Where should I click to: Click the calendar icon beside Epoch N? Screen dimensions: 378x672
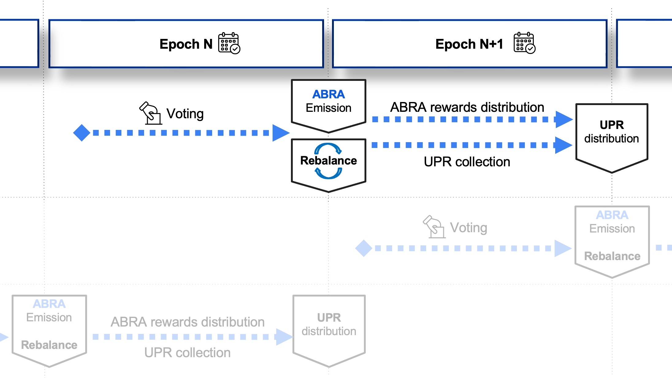click(229, 43)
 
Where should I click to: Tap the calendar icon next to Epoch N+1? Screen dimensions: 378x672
click(525, 43)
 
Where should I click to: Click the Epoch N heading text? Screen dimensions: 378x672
click(186, 44)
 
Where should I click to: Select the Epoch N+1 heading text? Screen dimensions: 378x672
click(469, 44)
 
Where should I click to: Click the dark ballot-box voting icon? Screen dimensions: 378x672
click(151, 113)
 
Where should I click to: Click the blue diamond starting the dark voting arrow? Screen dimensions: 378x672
click(82, 133)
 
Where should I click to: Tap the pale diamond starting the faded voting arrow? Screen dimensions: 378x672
click(364, 248)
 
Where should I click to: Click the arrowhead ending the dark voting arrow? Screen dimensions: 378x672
click(281, 133)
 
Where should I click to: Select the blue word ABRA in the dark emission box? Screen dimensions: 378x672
click(328, 94)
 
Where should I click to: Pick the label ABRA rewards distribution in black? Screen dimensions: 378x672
click(467, 107)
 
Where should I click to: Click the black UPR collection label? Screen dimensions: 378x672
click(467, 162)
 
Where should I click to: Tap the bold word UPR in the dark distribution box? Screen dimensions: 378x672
click(612, 125)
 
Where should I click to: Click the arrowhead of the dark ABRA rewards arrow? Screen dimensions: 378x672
click(563, 119)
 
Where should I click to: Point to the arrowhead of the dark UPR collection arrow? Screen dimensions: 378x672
click(563, 145)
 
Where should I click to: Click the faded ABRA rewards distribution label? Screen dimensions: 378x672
click(187, 322)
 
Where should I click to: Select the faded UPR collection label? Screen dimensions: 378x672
click(187, 353)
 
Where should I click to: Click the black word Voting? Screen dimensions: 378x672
click(185, 114)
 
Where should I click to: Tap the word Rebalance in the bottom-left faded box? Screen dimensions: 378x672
click(49, 345)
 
